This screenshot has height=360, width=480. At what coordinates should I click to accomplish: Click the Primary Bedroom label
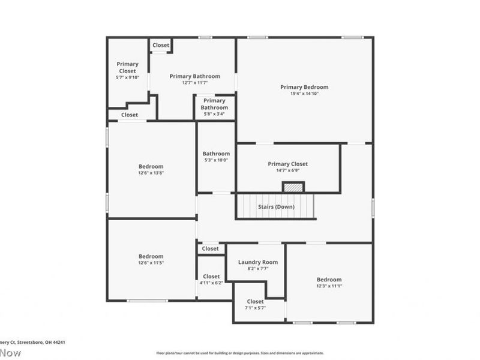[304, 87]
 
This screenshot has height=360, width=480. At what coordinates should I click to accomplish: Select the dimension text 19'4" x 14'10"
[304, 94]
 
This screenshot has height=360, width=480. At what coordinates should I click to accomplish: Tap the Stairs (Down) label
[275, 206]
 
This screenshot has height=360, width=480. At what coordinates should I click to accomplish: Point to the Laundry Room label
[257, 262]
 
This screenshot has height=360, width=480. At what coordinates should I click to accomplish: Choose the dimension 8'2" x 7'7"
[257, 269]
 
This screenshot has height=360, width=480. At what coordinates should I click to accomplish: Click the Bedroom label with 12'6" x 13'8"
[151, 166]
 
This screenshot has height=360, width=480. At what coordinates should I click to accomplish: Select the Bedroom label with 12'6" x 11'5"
[151, 256]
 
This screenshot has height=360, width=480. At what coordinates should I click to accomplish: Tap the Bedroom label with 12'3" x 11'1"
[329, 280]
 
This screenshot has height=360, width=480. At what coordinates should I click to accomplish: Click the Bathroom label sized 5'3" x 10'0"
[215, 154]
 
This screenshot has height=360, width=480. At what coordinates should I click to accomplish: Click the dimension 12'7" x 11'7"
[194, 83]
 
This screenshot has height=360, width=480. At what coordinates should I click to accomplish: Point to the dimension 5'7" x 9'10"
[127, 77]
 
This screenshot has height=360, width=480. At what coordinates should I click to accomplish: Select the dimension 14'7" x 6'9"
[287, 170]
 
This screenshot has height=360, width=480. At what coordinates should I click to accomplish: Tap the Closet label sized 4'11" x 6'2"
[211, 276]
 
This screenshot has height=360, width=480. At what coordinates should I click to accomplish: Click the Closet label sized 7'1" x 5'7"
[255, 301]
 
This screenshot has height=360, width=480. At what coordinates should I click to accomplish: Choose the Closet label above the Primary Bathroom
[160, 45]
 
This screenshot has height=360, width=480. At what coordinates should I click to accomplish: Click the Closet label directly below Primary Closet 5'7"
[130, 115]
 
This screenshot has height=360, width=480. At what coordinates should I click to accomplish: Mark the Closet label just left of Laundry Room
[210, 248]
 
